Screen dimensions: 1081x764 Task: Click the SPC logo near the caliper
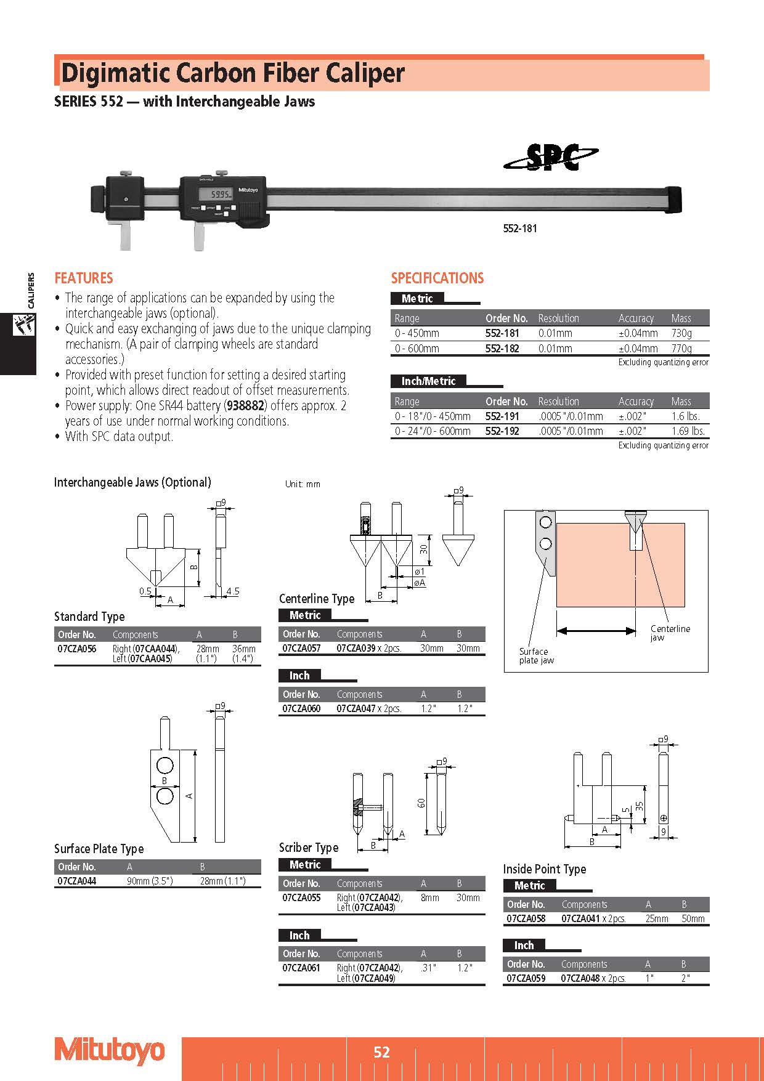pos(551,158)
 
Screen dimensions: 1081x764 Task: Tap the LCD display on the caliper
pos(220,195)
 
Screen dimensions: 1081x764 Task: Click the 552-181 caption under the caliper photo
pos(520,229)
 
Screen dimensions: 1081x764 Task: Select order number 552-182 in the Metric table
pos(502,349)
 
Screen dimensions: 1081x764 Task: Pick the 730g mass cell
pos(681,333)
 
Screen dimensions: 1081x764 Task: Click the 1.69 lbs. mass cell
pos(688,431)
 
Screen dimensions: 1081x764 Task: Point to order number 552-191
pos(502,416)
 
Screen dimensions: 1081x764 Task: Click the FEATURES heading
pos(84,278)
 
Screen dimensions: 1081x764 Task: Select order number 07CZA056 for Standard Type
pos(77,649)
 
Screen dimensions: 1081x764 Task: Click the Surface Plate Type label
pos(99,849)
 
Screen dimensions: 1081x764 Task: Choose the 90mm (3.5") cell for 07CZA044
pos(150,881)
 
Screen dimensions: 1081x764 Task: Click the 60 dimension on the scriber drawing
pos(421,803)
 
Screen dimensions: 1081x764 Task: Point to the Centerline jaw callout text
pos(670,633)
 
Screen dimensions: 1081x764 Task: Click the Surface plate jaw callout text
pos(536,656)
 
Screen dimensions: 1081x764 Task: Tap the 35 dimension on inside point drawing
pos(640,805)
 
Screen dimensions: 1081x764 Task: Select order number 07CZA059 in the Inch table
pos(526,978)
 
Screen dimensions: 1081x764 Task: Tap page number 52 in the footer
pos(382,1052)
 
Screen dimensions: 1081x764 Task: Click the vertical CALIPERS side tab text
pos(31,290)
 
